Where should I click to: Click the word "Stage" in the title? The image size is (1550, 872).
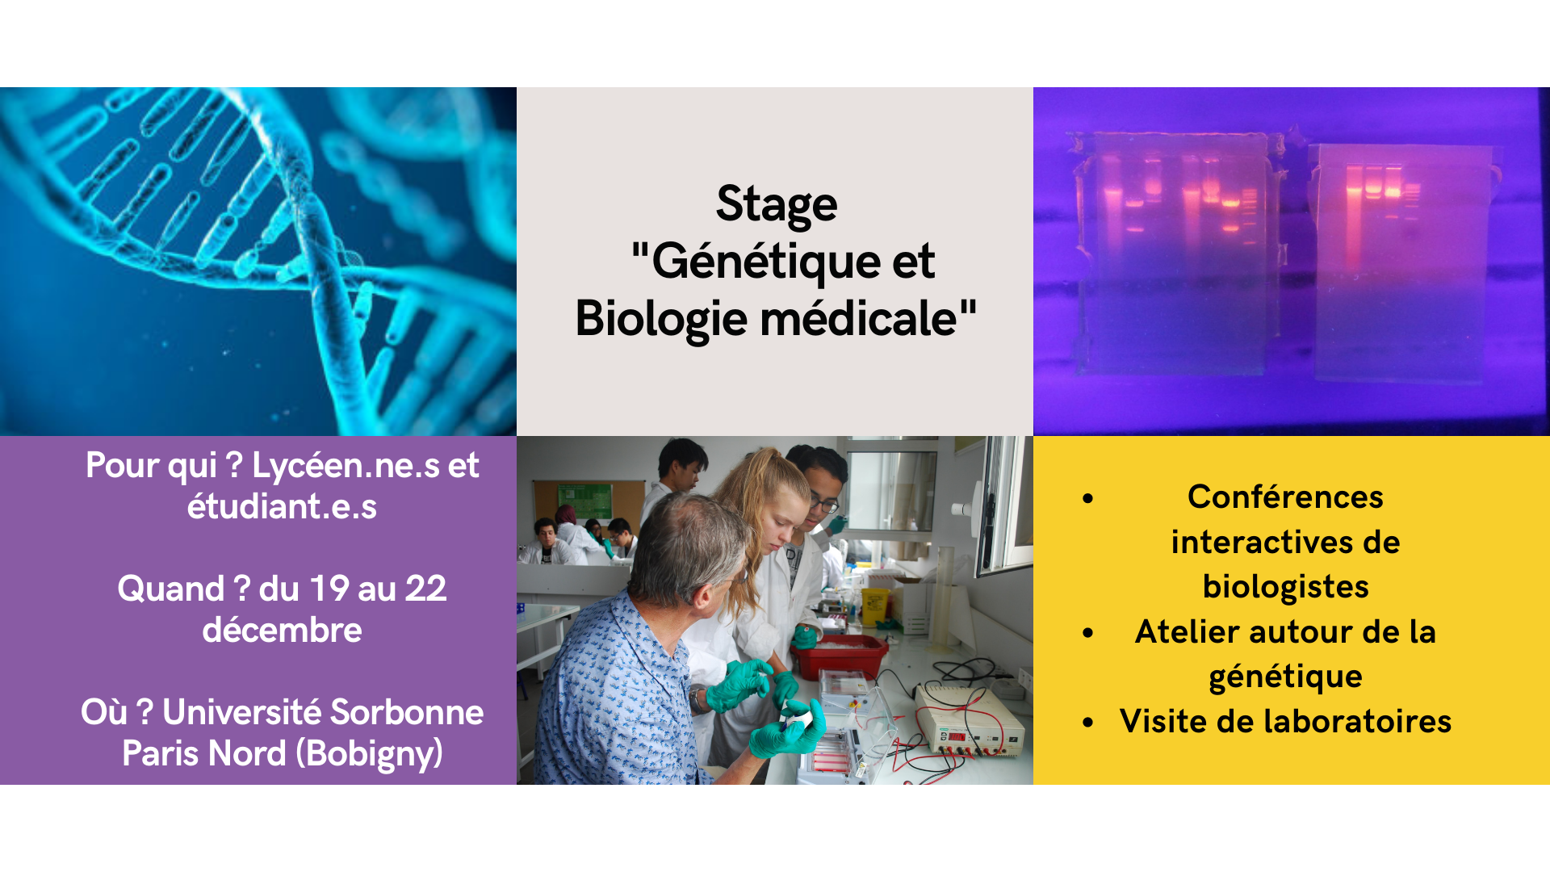[777, 204]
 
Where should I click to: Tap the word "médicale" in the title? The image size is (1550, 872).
[858, 317]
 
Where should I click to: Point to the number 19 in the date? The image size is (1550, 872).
[329, 589]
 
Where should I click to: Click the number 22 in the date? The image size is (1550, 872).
[425, 589]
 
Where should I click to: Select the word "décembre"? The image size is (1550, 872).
[282, 630]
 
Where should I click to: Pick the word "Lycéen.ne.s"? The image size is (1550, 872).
[345, 466]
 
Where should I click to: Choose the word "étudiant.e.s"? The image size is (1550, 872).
[282, 506]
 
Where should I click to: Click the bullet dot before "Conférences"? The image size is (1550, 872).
[1088, 498]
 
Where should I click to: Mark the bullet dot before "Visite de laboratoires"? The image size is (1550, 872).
[1088, 722]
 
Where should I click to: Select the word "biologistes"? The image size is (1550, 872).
[1285, 587]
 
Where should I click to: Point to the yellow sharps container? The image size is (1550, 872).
[873, 606]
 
